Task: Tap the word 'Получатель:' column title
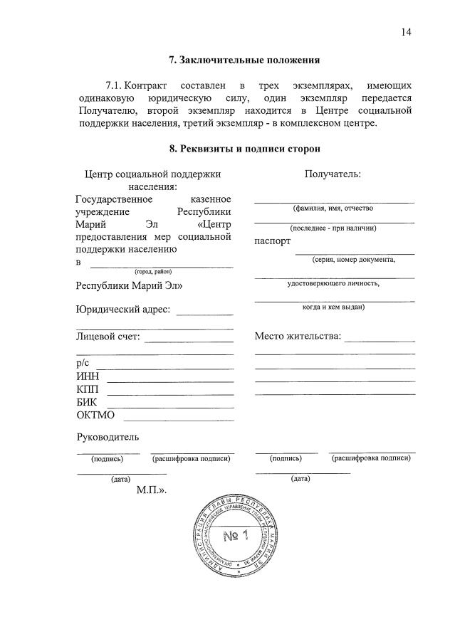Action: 333,174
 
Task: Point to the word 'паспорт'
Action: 273,241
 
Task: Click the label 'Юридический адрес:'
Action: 122,310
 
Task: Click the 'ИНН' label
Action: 88,376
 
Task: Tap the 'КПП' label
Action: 88,389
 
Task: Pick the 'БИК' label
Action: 87,402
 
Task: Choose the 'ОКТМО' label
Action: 95,416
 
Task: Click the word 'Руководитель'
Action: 108,436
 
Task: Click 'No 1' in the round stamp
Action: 234,534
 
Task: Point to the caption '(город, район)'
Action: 153,271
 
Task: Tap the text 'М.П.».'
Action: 152,490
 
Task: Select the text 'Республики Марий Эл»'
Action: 129,286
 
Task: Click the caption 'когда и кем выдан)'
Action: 334,307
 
